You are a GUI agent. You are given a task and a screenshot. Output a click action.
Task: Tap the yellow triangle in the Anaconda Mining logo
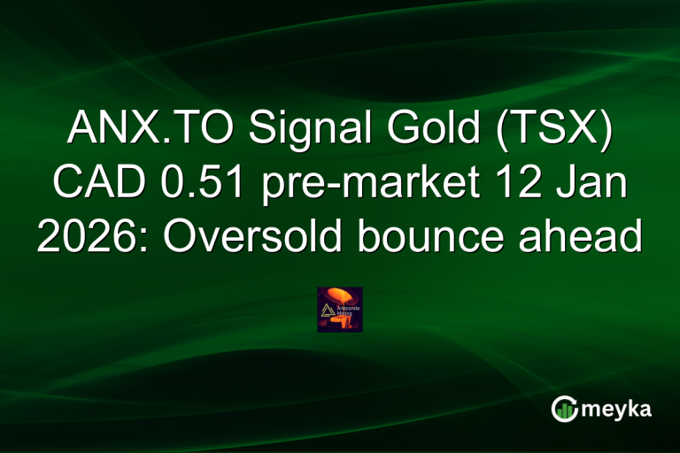(x=327, y=307)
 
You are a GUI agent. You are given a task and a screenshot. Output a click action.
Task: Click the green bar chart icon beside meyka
(x=564, y=410)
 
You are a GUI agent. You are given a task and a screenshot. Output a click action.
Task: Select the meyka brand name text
(x=617, y=410)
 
